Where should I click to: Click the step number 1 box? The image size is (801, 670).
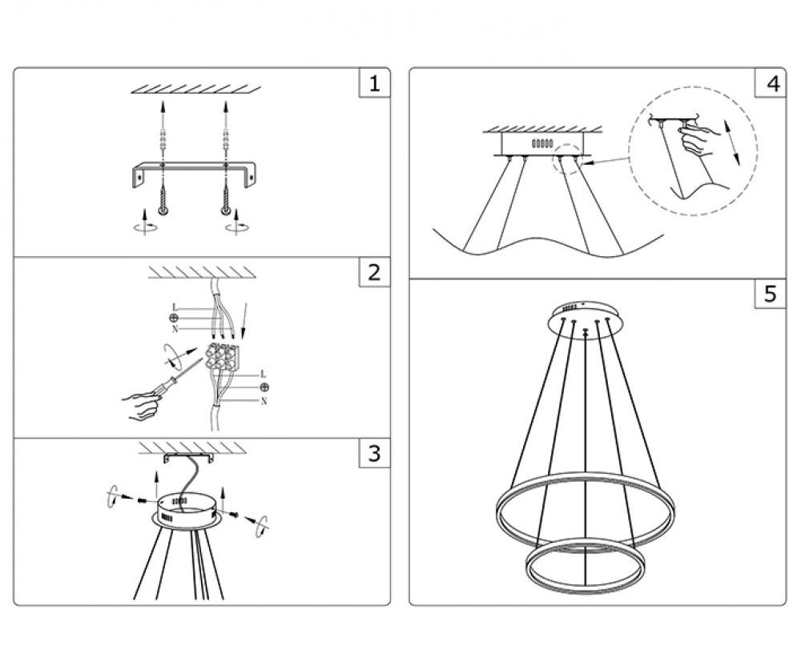click(374, 82)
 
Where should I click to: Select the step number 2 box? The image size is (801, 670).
click(374, 271)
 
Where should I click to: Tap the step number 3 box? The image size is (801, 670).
click(374, 452)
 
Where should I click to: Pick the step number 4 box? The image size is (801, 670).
click(771, 82)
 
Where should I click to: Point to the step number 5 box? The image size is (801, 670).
click(771, 294)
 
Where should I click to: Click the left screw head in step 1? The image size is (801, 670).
click(163, 211)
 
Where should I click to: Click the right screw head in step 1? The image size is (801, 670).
click(225, 211)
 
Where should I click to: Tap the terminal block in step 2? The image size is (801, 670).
click(222, 356)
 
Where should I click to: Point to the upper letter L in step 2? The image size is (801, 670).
click(175, 307)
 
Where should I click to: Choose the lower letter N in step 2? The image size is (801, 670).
click(264, 401)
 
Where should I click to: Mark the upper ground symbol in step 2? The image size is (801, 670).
click(173, 318)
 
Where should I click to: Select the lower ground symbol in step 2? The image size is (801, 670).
click(264, 387)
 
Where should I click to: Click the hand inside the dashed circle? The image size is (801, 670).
click(698, 139)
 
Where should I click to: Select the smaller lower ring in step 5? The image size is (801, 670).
click(586, 566)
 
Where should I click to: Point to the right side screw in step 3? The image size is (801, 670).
click(234, 514)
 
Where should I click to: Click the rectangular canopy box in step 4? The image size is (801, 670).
click(542, 143)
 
